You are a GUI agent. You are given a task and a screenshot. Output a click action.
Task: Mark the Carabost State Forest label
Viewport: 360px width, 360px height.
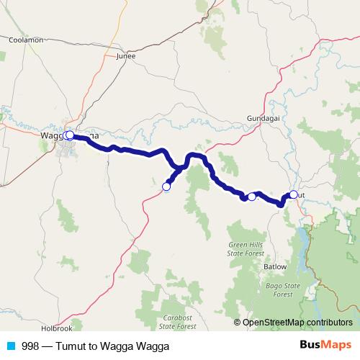click(177, 321)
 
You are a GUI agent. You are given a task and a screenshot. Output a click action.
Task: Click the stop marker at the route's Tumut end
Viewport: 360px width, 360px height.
click(294, 194)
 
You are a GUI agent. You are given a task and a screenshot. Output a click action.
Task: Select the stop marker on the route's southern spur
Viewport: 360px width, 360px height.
click(166, 186)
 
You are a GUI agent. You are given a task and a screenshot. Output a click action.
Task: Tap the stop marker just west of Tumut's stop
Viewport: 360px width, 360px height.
click(252, 197)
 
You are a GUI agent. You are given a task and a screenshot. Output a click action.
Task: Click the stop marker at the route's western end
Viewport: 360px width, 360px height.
click(68, 135)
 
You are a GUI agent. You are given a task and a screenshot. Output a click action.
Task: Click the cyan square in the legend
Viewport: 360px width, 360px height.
click(11, 345)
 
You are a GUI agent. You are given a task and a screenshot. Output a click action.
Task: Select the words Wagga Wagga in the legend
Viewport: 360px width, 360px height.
click(134, 345)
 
